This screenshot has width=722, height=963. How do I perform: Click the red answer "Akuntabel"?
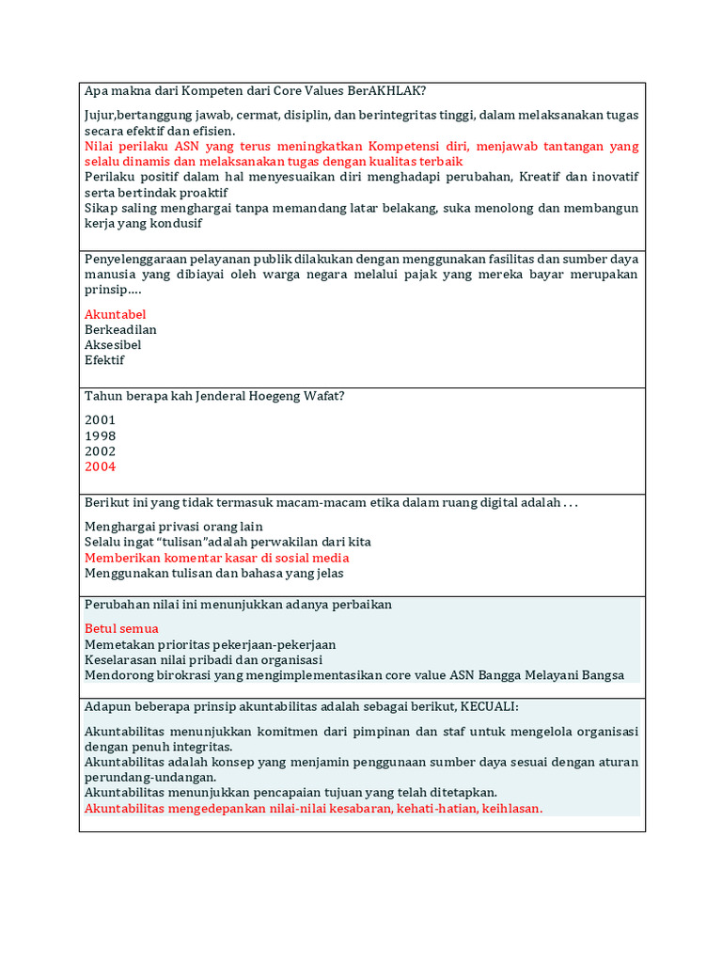[x=115, y=314]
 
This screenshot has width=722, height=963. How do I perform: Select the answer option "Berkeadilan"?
[x=120, y=329]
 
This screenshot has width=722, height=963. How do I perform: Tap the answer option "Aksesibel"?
[x=113, y=345]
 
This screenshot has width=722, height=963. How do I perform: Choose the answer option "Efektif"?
[x=104, y=360]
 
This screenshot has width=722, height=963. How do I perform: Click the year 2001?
[x=101, y=420]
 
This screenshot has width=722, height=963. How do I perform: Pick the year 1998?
[x=101, y=436]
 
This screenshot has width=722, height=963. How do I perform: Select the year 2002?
[x=101, y=451]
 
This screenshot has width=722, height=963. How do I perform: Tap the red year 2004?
[x=101, y=466]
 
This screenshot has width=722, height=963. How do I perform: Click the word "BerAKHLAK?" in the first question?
[x=387, y=91]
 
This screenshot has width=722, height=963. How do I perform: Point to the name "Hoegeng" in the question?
[x=280, y=396]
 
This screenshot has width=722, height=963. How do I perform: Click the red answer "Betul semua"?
[x=121, y=628]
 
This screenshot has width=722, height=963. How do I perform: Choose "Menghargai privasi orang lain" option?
[x=174, y=527]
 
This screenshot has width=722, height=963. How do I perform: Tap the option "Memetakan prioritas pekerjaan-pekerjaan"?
[x=210, y=644]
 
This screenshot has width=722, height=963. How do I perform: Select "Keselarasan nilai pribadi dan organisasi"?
[x=203, y=659]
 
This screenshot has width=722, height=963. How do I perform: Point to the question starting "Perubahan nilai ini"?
[x=238, y=604]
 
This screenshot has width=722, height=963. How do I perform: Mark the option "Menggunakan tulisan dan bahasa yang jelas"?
[x=213, y=573]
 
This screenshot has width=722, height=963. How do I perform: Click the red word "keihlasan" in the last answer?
[x=511, y=808]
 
